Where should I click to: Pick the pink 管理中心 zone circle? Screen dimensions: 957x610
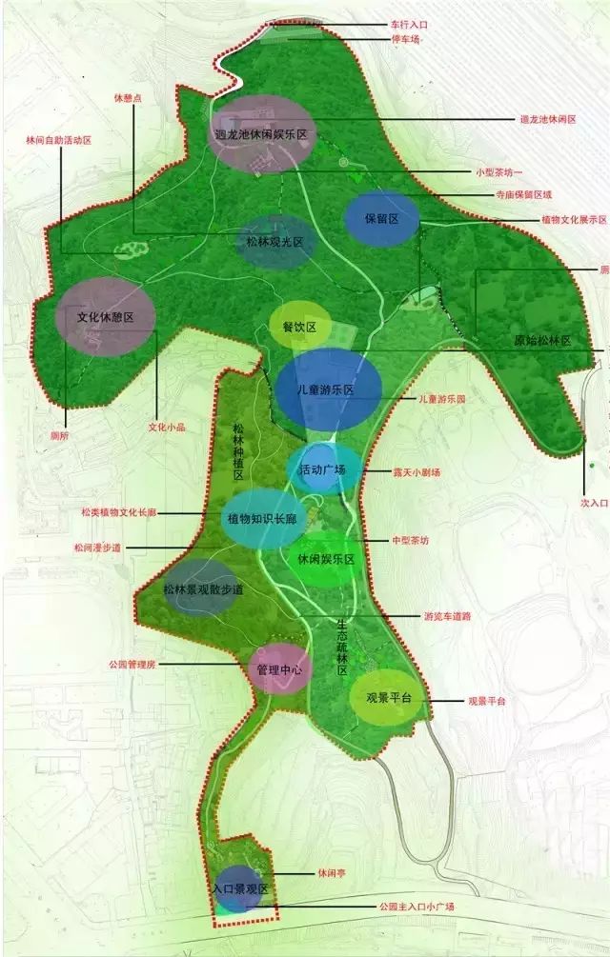click(279, 669)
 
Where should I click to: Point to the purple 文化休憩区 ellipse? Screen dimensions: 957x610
click(105, 317)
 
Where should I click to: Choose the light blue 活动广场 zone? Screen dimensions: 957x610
click(324, 469)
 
